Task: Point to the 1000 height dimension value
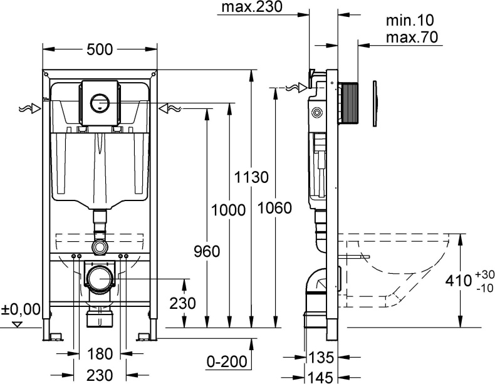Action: (229, 210)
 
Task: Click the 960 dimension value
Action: (206, 252)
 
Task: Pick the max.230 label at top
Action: (252, 8)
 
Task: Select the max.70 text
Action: (410, 37)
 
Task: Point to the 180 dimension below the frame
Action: (100, 354)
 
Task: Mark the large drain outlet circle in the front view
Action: (100, 278)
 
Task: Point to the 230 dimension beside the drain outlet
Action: (183, 303)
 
